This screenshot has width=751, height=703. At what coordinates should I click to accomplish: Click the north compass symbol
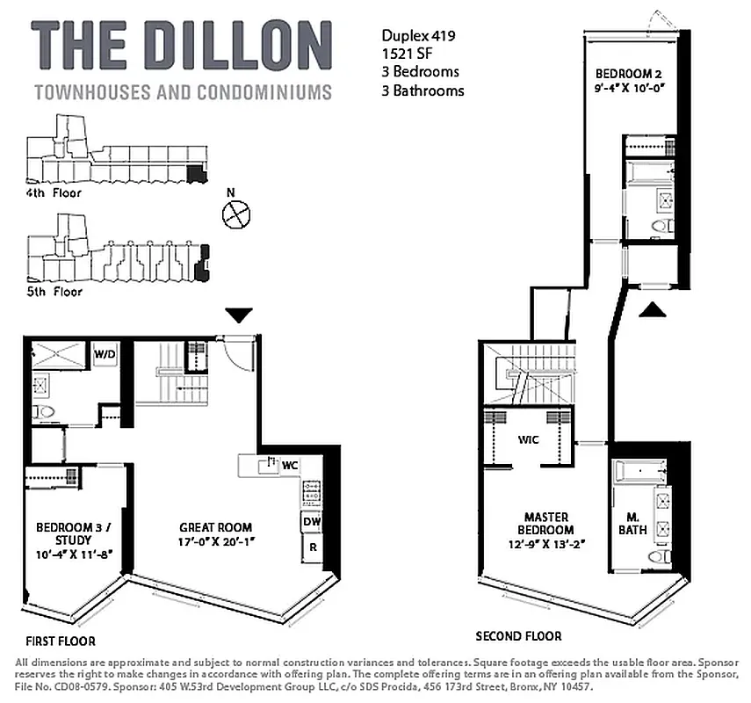[x=237, y=214]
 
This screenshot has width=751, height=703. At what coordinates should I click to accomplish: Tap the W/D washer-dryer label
[x=105, y=354]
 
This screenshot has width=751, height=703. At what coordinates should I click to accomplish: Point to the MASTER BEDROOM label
[x=546, y=524]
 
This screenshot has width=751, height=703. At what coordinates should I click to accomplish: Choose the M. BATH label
[x=637, y=524]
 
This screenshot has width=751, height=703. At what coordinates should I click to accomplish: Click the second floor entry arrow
[x=650, y=308]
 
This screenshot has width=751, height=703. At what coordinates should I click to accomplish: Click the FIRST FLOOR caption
[x=60, y=641]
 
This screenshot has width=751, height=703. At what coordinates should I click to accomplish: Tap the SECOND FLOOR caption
[x=518, y=635]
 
